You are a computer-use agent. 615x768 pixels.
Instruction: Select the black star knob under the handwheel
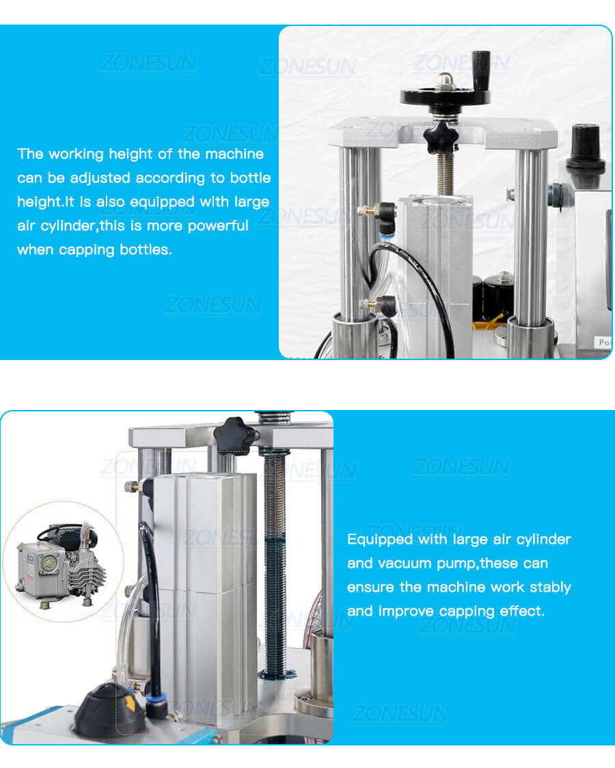[440, 137]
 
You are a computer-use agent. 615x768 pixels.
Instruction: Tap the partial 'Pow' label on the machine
[603, 342]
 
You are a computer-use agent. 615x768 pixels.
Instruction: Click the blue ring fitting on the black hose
[152, 698]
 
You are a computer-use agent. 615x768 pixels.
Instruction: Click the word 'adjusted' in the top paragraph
[100, 178]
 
